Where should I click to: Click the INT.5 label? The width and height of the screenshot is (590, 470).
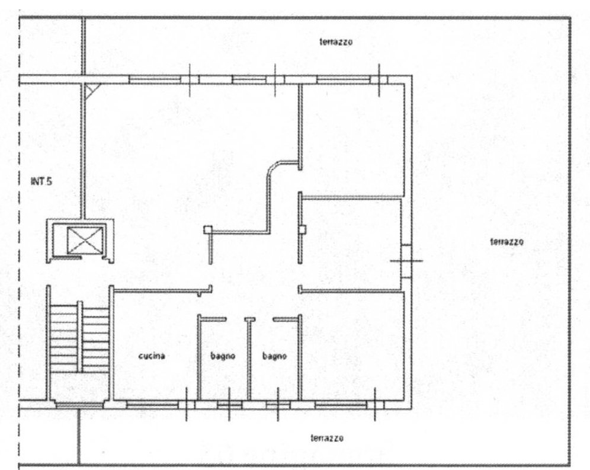click(x=41, y=181)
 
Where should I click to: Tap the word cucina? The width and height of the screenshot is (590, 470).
click(x=152, y=356)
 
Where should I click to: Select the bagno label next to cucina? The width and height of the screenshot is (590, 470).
click(x=223, y=356)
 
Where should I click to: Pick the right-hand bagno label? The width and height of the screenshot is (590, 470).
click(x=274, y=356)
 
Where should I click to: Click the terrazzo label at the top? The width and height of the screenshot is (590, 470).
click(x=336, y=42)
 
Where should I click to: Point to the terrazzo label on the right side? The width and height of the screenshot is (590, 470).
click(x=506, y=242)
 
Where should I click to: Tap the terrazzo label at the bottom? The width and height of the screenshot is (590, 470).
click(x=327, y=438)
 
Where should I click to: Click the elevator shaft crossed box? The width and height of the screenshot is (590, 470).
click(x=85, y=240)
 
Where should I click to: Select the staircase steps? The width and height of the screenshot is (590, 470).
click(x=79, y=339)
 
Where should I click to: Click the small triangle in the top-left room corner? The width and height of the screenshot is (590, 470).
click(x=89, y=90)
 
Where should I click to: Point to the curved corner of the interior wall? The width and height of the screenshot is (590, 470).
click(x=274, y=169)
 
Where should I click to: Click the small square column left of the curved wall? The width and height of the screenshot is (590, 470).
click(x=208, y=229)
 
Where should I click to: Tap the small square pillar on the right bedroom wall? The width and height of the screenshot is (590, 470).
click(x=302, y=229)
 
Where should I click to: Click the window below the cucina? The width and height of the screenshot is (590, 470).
click(x=152, y=405)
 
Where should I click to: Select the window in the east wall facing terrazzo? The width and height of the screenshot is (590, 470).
click(x=406, y=261)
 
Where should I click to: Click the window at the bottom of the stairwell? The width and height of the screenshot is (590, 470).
click(x=79, y=405)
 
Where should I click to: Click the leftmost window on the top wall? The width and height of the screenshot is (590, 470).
click(x=155, y=79)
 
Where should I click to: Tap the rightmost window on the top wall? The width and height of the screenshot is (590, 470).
click(x=343, y=79)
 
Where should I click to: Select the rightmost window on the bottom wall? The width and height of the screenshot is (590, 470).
click(x=341, y=405)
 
